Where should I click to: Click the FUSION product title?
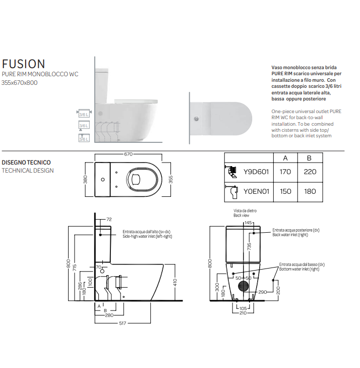click(x=24, y=64)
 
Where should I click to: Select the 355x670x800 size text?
click(x=20, y=82)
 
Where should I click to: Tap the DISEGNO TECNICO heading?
click(x=26, y=163)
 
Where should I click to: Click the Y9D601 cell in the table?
click(x=257, y=172)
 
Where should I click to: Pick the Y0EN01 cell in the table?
click(x=257, y=191)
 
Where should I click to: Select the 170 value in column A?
click(x=285, y=172)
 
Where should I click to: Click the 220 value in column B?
click(x=310, y=172)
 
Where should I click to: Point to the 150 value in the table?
click(x=285, y=191)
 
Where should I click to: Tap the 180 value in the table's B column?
click(x=310, y=191)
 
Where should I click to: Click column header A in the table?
click(x=285, y=157)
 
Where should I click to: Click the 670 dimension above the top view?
click(x=128, y=154)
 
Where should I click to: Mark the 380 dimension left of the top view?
click(x=85, y=179)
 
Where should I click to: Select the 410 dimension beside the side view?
click(x=175, y=282)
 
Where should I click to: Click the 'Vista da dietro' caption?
click(x=243, y=210)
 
